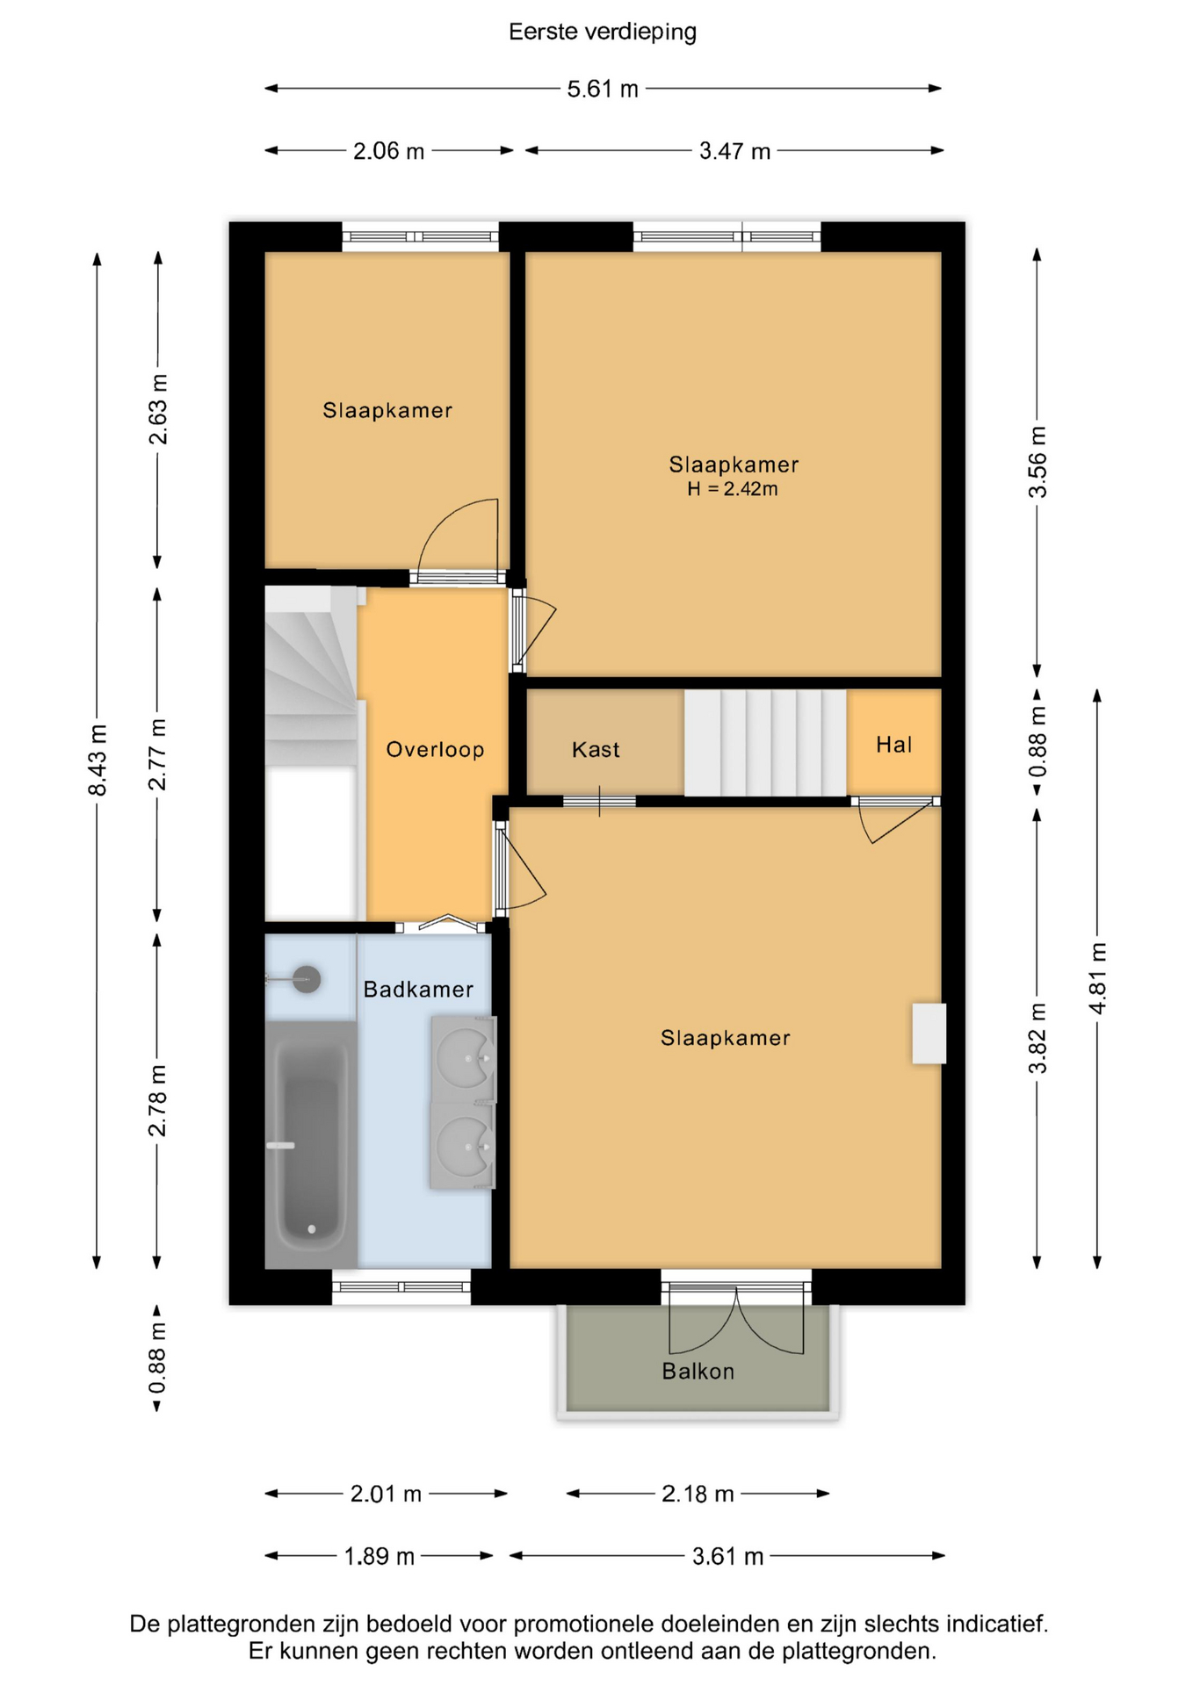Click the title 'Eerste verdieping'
coord(603,32)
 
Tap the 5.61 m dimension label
coord(603,89)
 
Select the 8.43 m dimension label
coord(98,760)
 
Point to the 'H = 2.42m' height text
coord(733,489)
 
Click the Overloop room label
coord(436,749)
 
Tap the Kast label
coord(596,749)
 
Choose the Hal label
coord(893,745)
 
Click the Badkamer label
coord(418,989)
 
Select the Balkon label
coord(698,1371)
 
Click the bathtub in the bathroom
coord(311,1144)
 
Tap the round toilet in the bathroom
coord(305,978)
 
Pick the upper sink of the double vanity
coord(464,1058)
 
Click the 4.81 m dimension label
coord(1097,978)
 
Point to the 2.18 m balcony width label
coord(698,1494)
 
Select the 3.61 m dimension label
coord(727,1556)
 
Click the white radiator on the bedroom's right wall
coord(929,1034)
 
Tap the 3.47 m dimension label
coord(734,151)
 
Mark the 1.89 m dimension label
coord(379,1556)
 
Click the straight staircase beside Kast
coord(765,743)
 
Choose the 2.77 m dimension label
coord(157,754)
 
